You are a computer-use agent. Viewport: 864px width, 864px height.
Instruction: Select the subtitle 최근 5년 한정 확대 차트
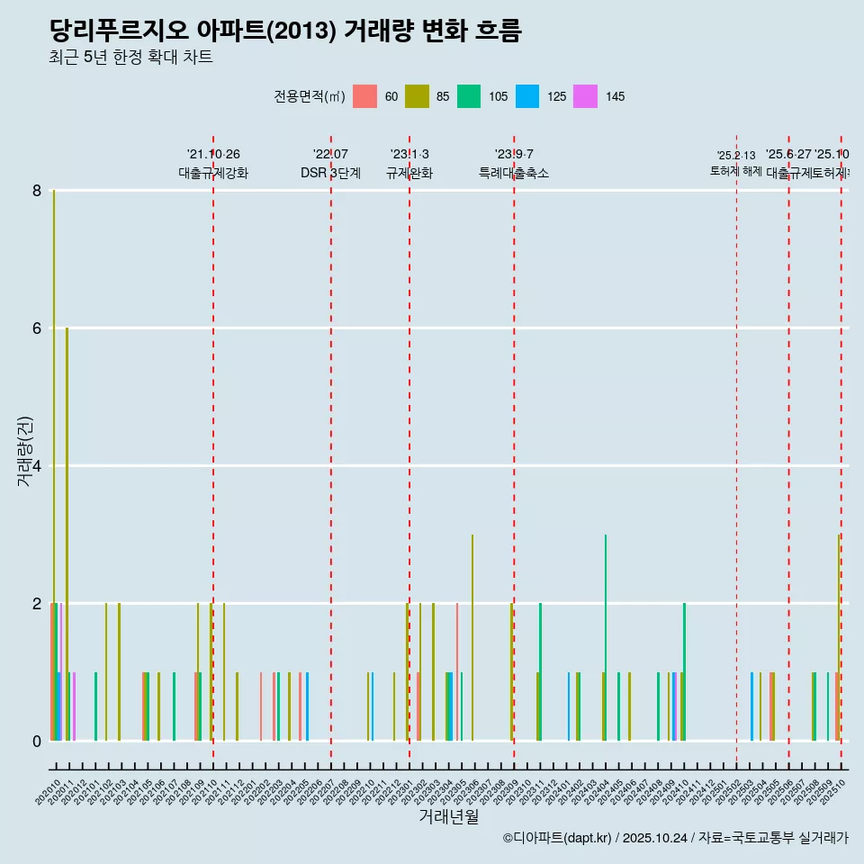tap(130, 58)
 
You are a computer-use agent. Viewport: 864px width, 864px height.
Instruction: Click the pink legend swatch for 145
tap(585, 96)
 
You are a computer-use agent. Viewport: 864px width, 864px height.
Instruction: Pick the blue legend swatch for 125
tap(527, 96)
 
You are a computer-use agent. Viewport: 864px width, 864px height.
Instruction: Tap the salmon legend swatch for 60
tap(364, 96)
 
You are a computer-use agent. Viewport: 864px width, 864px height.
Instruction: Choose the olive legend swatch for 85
tap(417, 96)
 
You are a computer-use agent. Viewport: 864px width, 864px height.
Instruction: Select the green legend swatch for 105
tap(469, 96)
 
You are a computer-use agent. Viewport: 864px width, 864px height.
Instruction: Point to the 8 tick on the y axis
tap(37, 191)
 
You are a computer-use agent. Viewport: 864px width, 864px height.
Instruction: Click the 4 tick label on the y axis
tap(37, 466)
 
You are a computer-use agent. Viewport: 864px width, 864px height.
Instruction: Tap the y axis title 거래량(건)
tap(24, 452)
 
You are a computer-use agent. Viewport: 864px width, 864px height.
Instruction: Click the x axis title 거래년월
tap(448, 816)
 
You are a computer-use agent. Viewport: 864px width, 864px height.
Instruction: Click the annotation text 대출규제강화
tap(213, 173)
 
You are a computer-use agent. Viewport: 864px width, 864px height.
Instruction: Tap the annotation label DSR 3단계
tap(330, 173)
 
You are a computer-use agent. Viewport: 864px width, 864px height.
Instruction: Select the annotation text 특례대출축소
tap(513, 173)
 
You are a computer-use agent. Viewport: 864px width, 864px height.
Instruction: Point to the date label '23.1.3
tap(409, 154)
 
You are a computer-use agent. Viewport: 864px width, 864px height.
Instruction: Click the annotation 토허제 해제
tap(736, 170)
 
